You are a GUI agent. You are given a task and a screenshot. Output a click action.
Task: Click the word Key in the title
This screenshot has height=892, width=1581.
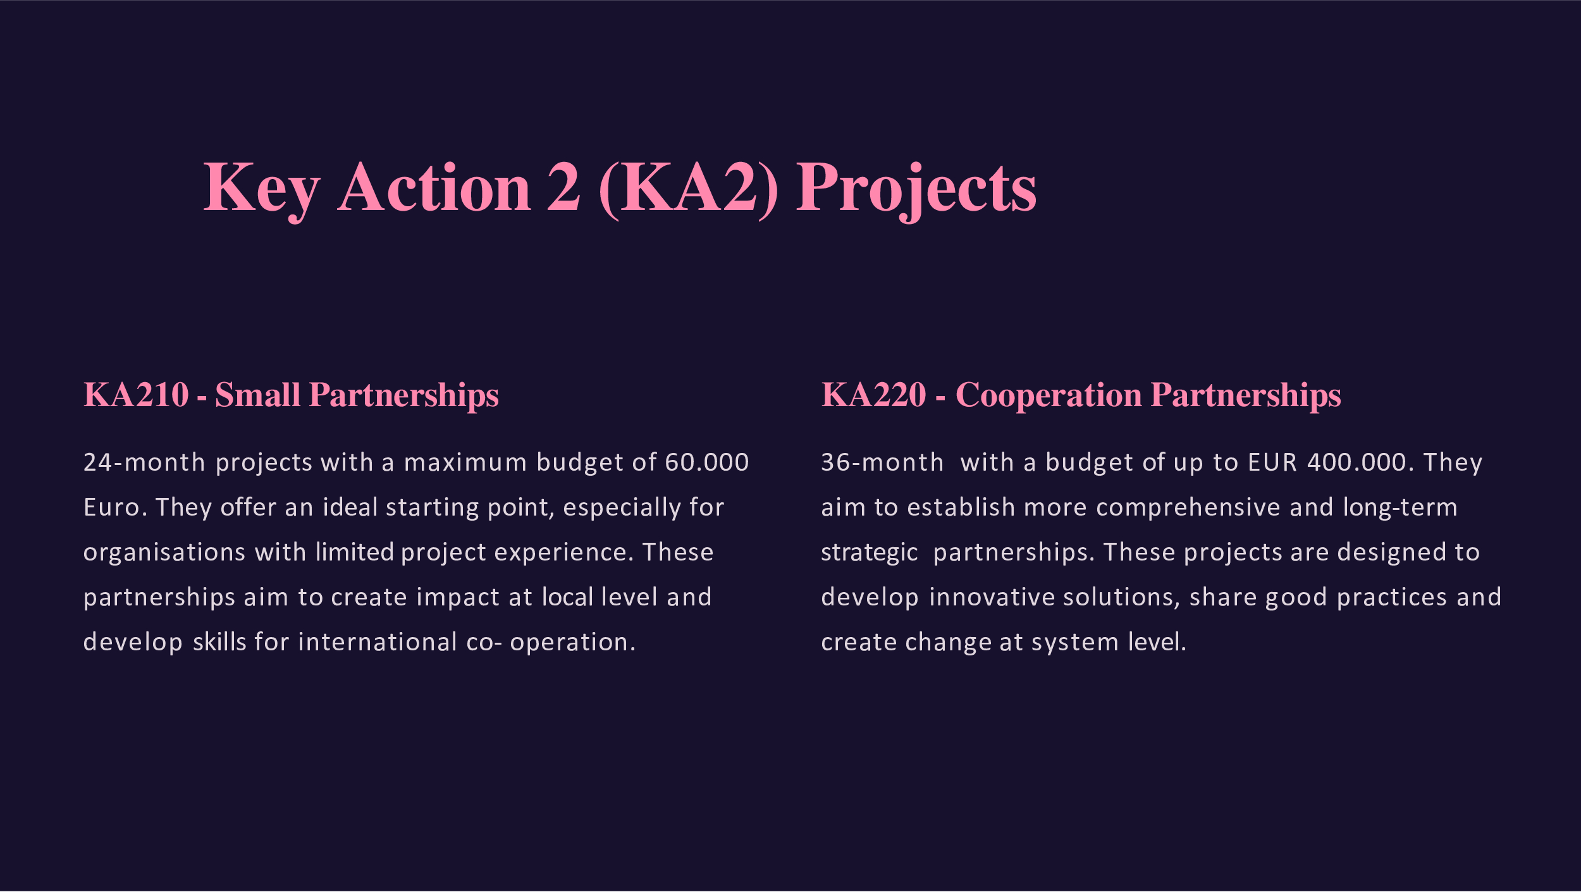(x=261, y=190)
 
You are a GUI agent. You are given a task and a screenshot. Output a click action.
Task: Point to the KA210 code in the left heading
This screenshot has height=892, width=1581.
(x=136, y=395)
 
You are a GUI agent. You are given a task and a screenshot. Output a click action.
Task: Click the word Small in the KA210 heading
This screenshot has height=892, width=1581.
(x=257, y=395)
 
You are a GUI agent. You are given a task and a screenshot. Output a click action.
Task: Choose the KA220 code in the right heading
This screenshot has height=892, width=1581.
(x=873, y=395)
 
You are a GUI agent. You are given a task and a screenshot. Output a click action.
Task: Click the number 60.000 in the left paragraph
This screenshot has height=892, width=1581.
(x=707, y=462)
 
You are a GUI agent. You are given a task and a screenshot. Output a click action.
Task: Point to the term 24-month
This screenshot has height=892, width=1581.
(x=144, y=462)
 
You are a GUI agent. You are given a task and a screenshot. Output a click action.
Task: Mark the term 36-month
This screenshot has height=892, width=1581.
(x=882, y=462)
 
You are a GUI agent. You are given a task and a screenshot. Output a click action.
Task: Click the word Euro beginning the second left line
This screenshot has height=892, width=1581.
(x=111, y=507)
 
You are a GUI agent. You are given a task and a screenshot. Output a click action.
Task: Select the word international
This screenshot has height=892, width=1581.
(x=378, y=642)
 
